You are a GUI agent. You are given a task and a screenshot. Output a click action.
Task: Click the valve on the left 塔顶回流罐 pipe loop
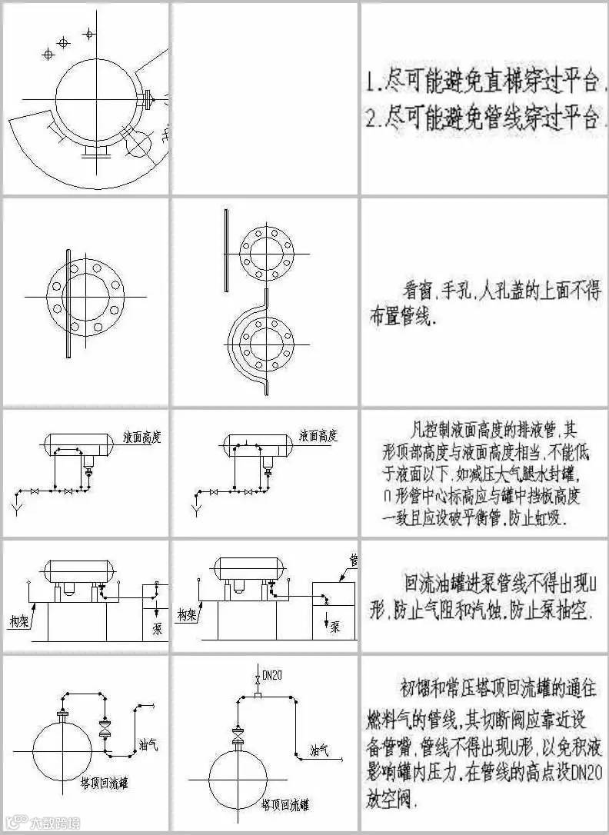[x=105, y=730]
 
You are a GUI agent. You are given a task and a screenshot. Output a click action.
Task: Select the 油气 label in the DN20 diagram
[x=320, y=749]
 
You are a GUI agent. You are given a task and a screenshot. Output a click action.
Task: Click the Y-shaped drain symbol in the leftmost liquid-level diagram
[x=16, y=507]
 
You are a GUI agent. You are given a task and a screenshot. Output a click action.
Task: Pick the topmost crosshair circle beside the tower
[x=88, y=34]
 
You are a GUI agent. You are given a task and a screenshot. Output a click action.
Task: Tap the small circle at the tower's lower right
[x=139, y=144]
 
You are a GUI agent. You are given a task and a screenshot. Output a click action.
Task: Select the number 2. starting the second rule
[x=371, y=118]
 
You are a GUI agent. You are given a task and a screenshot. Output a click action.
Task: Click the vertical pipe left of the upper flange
[x=225, y=251]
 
